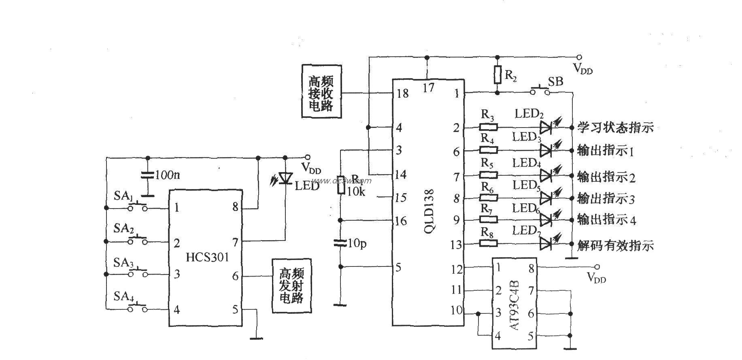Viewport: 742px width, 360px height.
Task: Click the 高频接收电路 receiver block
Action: point(321,91)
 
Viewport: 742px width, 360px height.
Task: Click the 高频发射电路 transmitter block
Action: point(291,285)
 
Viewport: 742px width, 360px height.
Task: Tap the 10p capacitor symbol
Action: point(340,243)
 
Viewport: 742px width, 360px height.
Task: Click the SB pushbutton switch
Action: point(540,92)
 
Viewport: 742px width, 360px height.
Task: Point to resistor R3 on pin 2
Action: point(489,127)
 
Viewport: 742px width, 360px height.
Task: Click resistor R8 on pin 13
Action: point(489,243)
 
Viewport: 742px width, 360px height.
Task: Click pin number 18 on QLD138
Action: point(403,94)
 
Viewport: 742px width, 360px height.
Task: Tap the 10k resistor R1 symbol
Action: point(340,185)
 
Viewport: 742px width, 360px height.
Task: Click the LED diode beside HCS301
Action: point(286,178)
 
